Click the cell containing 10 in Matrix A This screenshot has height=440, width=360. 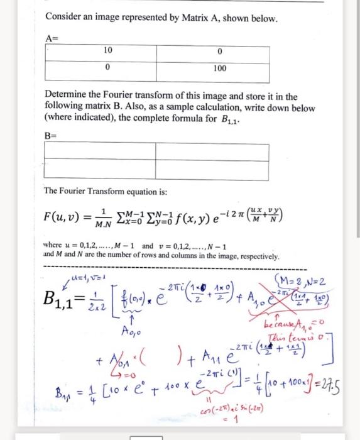[107, 51]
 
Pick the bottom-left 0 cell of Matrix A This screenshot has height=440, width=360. [107, 67]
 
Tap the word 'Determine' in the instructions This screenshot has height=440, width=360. [65, 96]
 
